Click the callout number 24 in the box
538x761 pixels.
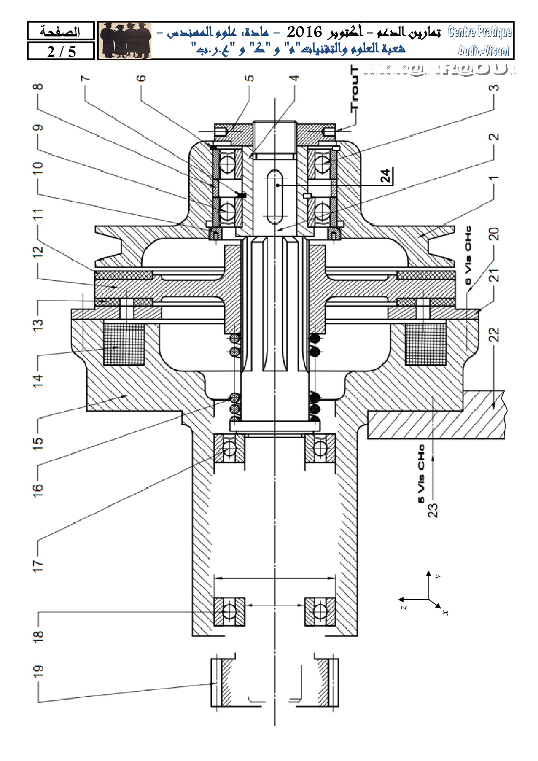point(386,175)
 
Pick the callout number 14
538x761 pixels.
point(39,380)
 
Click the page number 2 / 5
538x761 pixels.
point(61,52)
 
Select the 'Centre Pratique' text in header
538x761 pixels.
point(479,32)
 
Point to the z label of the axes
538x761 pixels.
point(403,606)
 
